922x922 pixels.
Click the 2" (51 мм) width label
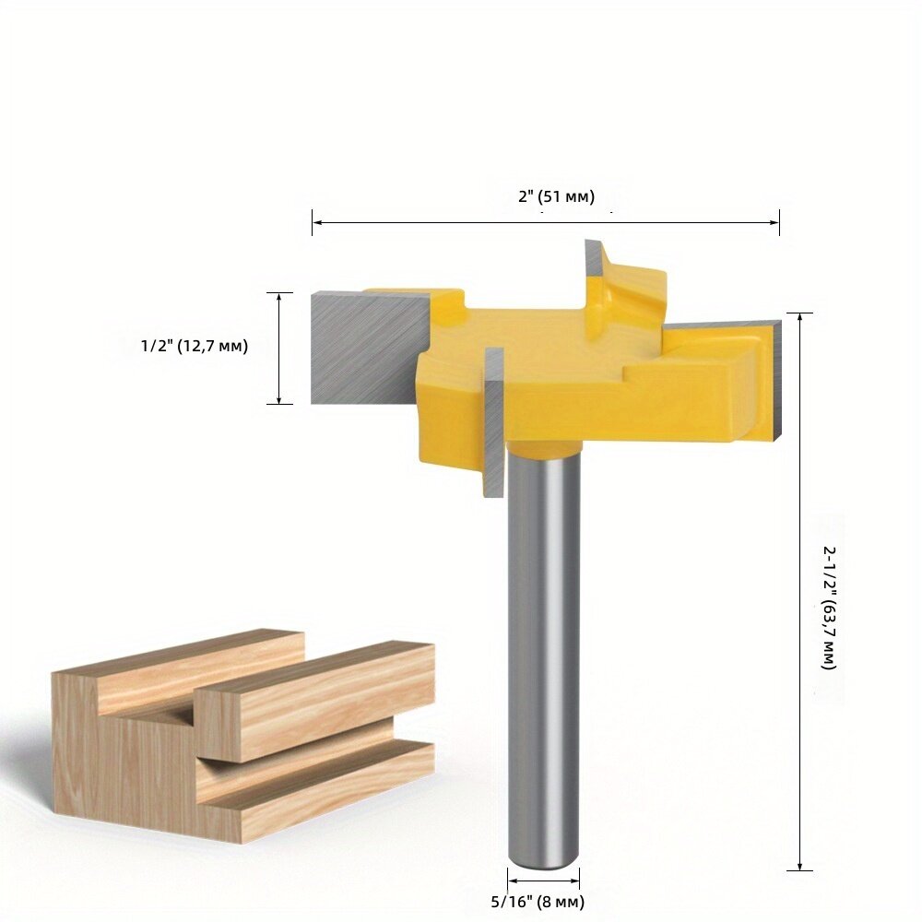(556, 196)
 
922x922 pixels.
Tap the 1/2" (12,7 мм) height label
(195, 346)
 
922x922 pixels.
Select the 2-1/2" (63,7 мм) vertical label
(829, 608)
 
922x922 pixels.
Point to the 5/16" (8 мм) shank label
(538, 902)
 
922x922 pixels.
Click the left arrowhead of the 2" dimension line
(316, 222)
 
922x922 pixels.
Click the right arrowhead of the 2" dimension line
(774, 222)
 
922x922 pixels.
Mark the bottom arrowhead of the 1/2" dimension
(279, 400)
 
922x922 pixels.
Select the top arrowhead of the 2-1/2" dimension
(799, 317)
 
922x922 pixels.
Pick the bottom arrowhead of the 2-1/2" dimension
(799, 866)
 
